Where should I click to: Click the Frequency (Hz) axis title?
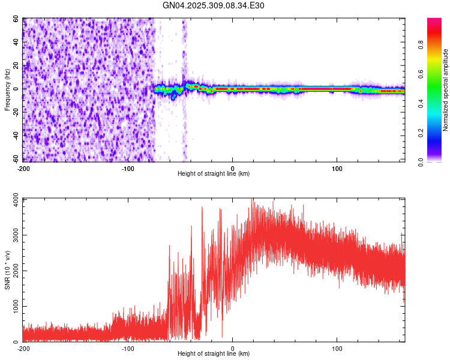7,90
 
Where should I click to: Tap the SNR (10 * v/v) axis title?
7,270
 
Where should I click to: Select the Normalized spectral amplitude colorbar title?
445,90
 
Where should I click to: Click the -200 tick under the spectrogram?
23,168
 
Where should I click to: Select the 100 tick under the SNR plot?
337,348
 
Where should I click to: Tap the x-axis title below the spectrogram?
214,174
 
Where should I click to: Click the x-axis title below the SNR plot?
214,354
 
